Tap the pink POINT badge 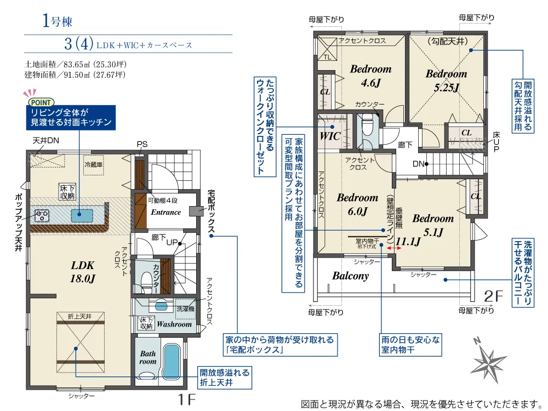41,102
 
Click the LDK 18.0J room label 83,272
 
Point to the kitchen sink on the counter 82,215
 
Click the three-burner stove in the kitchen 42,215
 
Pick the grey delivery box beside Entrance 196,211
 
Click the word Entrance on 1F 166,212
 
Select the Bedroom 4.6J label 371,76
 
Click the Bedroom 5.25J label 446,80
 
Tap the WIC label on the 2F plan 330,136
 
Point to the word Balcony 351,276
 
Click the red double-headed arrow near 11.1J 394,248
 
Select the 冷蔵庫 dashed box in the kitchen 93,164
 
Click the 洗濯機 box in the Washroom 185,309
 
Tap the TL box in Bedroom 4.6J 327,48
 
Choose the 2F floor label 493,296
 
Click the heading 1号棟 57,21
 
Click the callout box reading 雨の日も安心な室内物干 410,344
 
